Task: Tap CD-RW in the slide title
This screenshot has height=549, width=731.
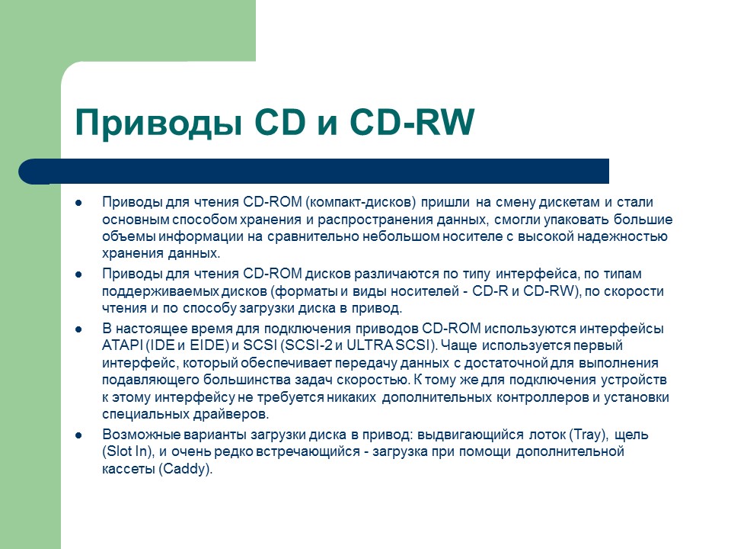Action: coord(411,123)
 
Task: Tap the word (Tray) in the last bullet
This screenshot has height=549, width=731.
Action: coord(586,435)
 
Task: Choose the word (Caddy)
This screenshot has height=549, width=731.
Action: coord(186,470)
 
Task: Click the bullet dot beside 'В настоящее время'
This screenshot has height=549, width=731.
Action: coord(79,329)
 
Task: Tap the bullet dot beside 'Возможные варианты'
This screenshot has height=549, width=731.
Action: coord(79,435)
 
